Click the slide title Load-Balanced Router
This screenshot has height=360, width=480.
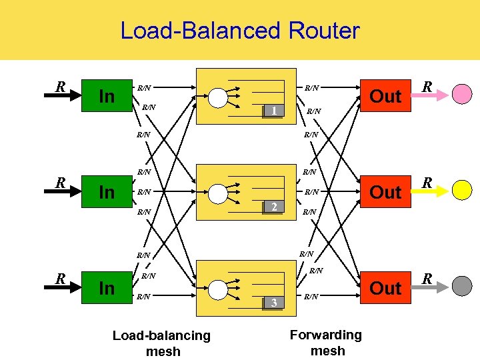[239, 31]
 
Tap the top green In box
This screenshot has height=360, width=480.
[106, 96]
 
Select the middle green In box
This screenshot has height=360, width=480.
[106, 192]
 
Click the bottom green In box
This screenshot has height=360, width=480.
[106, 288]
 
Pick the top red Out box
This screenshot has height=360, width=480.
[385, 96]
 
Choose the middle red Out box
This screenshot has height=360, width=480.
[385, 192]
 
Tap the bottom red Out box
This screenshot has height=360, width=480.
[385, 288]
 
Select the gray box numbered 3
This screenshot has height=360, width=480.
[273, 303]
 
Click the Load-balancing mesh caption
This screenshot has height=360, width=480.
[161, 343]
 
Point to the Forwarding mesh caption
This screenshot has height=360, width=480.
[327, 342]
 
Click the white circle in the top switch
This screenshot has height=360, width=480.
[218, 97]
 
